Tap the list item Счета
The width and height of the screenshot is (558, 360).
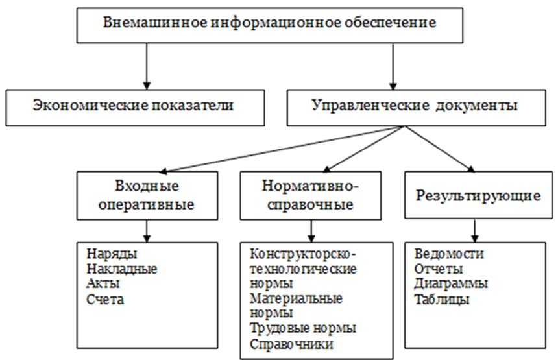click(104, 299)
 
